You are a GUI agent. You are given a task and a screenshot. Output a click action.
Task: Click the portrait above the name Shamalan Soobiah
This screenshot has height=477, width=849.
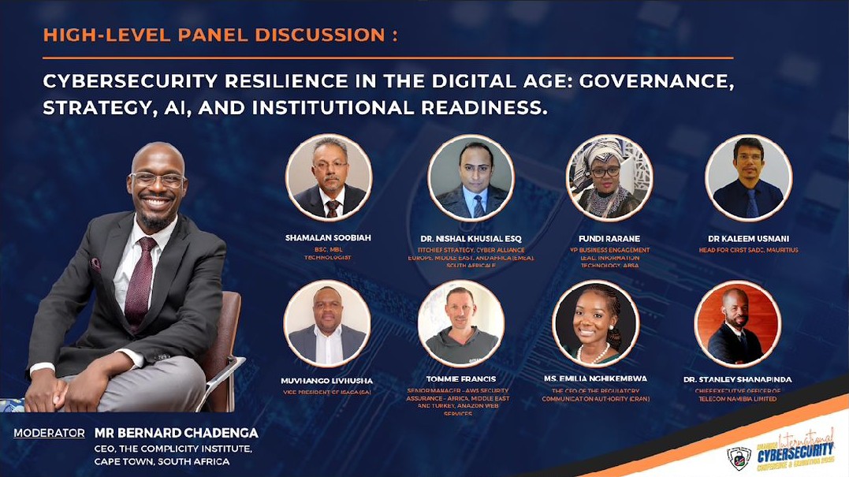(x=328, y=177)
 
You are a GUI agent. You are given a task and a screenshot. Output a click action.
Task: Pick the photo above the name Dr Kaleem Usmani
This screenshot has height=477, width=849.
(x=747, y=177)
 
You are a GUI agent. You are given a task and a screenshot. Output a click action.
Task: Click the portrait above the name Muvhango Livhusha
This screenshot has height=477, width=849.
(x=326, y=323)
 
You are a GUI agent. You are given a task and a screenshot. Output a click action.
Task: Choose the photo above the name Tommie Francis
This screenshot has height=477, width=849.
(x=461, y=323)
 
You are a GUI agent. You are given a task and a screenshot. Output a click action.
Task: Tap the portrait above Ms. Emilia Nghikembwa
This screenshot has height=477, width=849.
(x=595, y=323)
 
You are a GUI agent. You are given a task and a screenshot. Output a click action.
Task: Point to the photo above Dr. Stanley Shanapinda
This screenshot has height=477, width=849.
(x=737, y=323)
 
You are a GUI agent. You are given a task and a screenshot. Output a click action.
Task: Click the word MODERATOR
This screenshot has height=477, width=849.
(x=49, y=433)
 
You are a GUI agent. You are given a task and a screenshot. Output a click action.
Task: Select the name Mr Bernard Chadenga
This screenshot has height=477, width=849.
(x=176, y=433)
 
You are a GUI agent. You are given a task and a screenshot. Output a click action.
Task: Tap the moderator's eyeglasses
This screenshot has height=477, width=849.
(x=158, y=178)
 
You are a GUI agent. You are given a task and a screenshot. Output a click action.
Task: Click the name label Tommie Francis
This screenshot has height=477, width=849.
(x=461, y=379)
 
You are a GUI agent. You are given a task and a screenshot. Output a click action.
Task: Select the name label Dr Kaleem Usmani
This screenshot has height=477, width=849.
(x=748, y=238)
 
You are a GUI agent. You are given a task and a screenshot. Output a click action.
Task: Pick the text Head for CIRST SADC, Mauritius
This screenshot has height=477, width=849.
(x=748, y=250)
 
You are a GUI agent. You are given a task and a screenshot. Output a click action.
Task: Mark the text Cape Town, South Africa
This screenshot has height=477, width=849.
(x=162, y=461)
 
